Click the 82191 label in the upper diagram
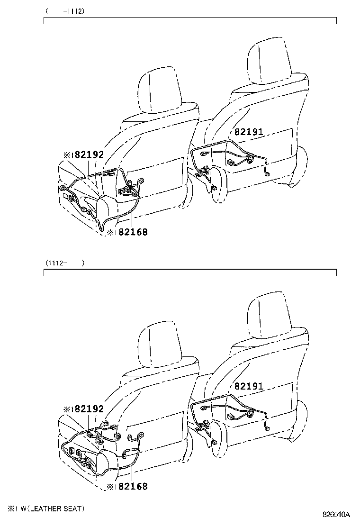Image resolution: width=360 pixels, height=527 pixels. coord(249,132)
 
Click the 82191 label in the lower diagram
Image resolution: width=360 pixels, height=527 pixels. coord(249,386)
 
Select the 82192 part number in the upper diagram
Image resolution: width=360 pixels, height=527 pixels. coord(89,154)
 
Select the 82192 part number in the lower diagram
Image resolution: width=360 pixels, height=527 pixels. coord(89,409)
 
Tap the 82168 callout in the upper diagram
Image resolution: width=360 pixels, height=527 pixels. coord(133,232)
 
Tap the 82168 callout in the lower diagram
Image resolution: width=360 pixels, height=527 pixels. coord(133,486)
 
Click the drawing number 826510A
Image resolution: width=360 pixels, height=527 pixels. coord(336,515)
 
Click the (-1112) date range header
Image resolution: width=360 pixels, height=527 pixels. coord(65,11)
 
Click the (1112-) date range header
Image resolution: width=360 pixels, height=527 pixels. coord(65,263)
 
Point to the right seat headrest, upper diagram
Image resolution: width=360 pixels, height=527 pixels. coord(269,62)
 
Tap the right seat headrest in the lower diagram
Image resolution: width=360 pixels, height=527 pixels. coord(269,317)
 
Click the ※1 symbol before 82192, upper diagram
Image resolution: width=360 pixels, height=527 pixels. coord(69,155)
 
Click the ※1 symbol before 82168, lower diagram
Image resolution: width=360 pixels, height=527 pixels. coord(112,487)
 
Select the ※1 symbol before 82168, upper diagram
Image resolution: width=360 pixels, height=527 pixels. coord(112,232)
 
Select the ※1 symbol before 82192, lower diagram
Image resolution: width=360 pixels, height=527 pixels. coord(69,409)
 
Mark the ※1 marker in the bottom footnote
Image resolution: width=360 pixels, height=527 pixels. coord(13,509)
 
